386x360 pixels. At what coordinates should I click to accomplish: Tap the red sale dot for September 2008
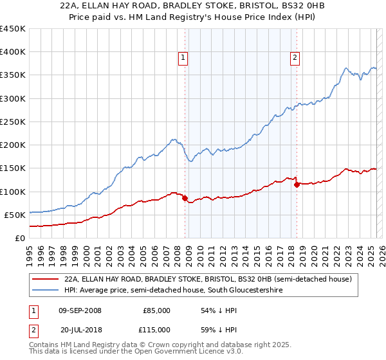185,199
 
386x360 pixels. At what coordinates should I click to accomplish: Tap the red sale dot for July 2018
297,184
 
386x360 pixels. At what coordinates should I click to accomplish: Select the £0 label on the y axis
19,238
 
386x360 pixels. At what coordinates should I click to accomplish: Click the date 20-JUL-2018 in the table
80,329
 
